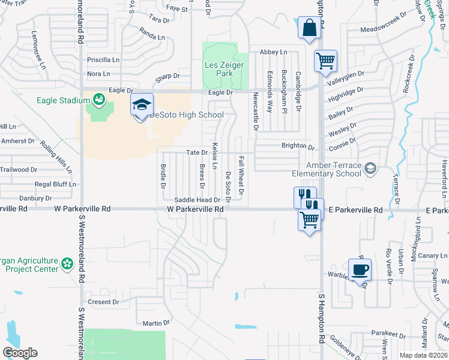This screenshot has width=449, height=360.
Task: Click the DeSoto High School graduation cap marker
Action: click(x=142, y=105)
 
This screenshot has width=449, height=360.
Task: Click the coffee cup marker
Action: click(x=359, y=271)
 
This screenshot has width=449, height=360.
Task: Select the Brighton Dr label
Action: click(x=298, y=146)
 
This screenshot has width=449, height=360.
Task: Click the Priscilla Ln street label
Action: click(x=103, y=60)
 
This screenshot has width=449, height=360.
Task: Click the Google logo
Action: click(x=20, y=353)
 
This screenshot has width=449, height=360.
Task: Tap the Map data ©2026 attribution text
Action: click(x=423, y=355)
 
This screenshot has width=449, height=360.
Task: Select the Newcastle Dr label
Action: click(x=256, y=111)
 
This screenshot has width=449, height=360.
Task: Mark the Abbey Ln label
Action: click(x=273, y=52)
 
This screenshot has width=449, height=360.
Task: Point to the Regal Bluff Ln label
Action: click(x=56, y=184)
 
